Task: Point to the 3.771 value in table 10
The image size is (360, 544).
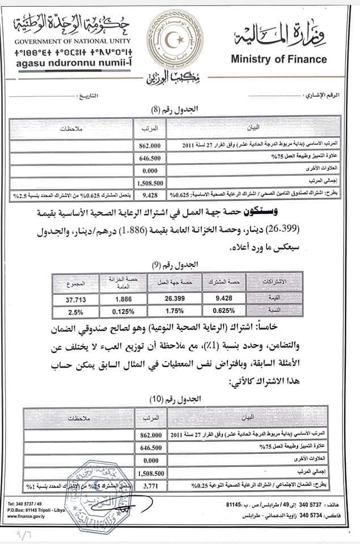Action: click(150, 485)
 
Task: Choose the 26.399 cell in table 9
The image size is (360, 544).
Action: click(174, 300)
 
